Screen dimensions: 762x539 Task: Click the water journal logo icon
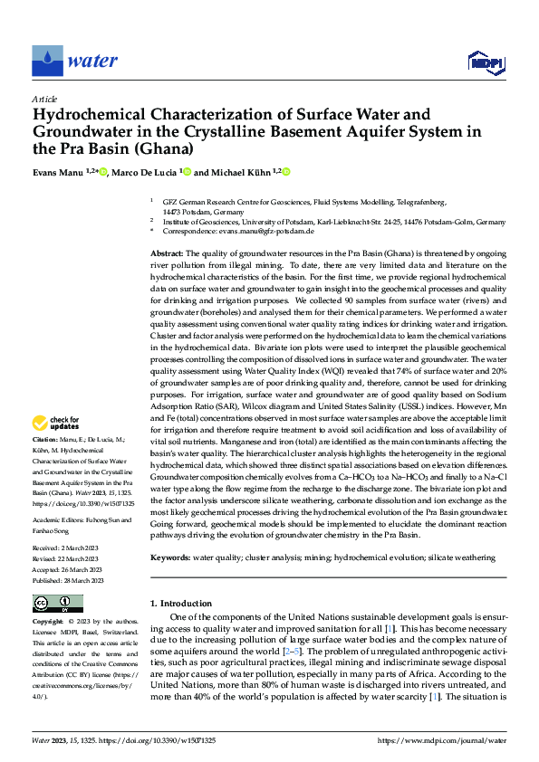coord(48,62)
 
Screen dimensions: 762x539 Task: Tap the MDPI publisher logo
coord(483,62)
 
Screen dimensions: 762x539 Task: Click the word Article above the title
coord(44,99)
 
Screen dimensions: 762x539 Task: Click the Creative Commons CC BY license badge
coord(57,603)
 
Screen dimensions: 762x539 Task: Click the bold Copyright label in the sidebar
coord(49,623)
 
